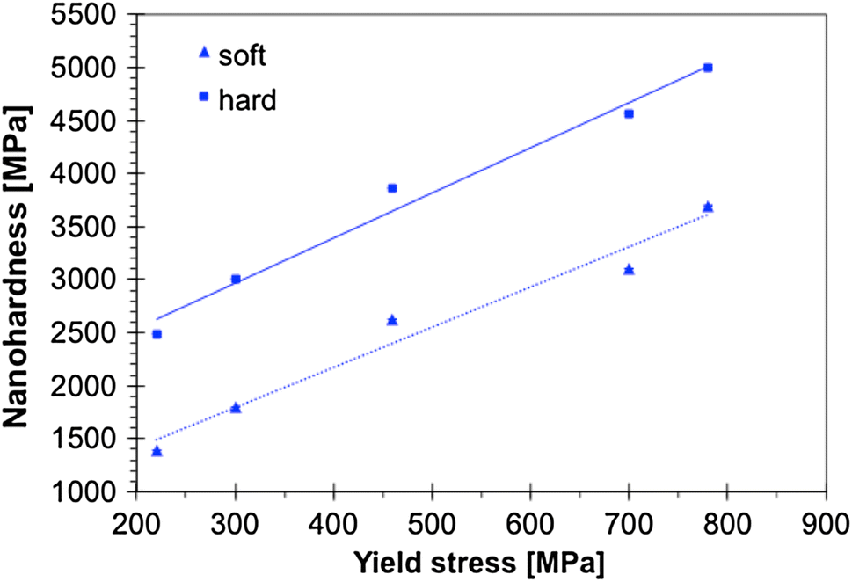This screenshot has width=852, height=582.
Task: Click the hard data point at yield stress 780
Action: tap(708, 68)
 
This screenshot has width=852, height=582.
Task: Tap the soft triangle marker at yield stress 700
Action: tap(629, 270)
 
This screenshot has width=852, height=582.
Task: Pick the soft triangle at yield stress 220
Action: tap(157, 451)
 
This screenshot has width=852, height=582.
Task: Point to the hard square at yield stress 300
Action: tap(236, 279)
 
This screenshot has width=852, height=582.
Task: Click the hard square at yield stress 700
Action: tap(629, 113)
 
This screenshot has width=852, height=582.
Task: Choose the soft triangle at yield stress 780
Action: tap(708, 207)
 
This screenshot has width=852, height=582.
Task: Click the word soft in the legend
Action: tap(243, 55)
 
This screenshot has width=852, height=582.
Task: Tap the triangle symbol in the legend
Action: tap(204, 53)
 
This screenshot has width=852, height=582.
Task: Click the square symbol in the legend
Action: tap(204, 97)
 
